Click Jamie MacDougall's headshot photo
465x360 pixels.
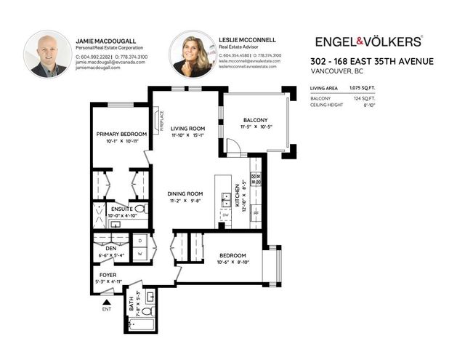[x=48, y=55]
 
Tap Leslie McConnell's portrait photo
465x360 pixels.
[x=193, y=55]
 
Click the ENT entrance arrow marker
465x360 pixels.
[x=107, y=301]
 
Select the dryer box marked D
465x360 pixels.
[x=139, y=240]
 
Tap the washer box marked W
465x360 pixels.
[x=139, y=254]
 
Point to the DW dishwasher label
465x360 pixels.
[x=226, y=215]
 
